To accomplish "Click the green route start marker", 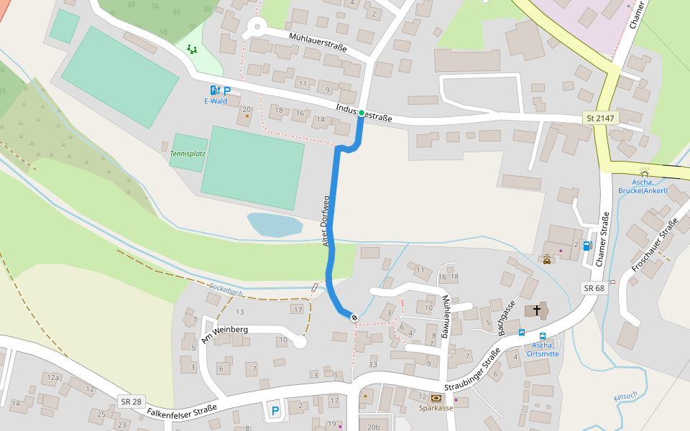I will pyautogui.click(x=362, y=113).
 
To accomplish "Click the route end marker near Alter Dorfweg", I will pyautogui.click(x=354, y=317).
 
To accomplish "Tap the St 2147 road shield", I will pyautogui.click(x=600, y=117).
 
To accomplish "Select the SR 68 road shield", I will pyautogui.click(x=594, y=287).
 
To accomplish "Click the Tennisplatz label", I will pyautogui.click(x=188, y=154).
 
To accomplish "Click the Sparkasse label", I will pyautogui.click(x=436, y=407).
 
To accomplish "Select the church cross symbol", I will pyautogui.click(x=535, y=311).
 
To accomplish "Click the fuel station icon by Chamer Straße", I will pyautogui.click(x=588, y=246).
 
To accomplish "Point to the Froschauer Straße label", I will pyautogui.click(x=654, y=248).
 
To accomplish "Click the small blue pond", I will pyautogui.click(x=275, y=224).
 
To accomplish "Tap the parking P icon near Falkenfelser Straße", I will pyautogui.click(x=274, y=411).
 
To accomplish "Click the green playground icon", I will pyautogui.click(x=191, y=49).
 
